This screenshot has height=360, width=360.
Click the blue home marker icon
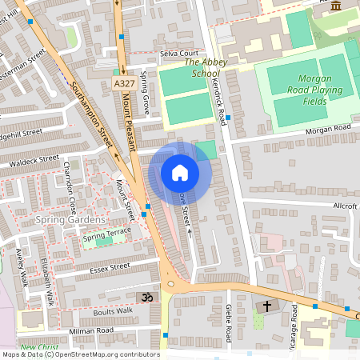[x=179, y=172]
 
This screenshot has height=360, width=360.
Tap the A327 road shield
[x=124, y=83]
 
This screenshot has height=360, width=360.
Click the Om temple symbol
[x=146, y=297]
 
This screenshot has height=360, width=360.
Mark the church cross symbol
[x=266, y=306]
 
